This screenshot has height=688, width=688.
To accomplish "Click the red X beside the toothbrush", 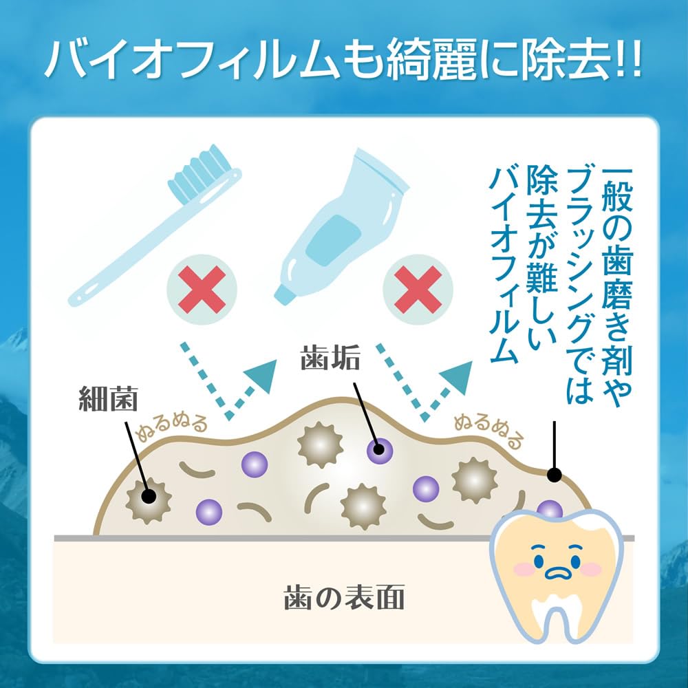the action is pyautogui.click(x=202, y=290).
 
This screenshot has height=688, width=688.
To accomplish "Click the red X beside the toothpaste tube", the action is pyautogui.click(x=418, y=290).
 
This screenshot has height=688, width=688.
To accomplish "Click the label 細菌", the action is pyautogui.click(x=108, y=398).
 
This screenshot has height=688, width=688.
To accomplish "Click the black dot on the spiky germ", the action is pyautogui.click(x=149, y=497).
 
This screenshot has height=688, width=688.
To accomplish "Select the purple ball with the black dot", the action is pyautogui.click(x=380, y=450).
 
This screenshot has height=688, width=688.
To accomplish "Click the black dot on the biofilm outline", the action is pyautogui.click(x=555, y=475).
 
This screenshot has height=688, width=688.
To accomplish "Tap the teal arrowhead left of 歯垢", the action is pyautogui.click(x=261, y=376).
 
